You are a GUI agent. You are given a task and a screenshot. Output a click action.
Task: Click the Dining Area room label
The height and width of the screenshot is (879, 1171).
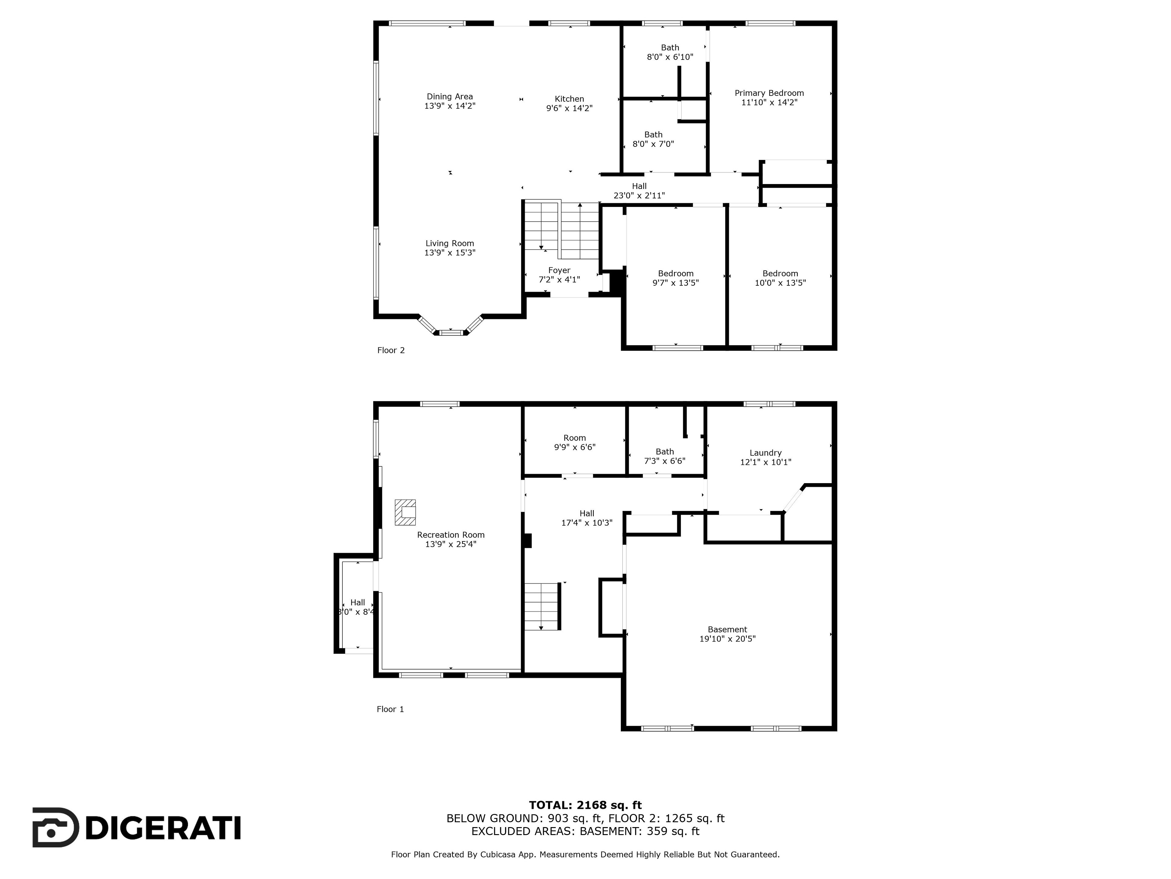click(x=450, y=96)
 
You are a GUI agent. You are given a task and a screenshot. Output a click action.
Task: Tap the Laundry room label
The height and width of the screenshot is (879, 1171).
click(x=765, y=453)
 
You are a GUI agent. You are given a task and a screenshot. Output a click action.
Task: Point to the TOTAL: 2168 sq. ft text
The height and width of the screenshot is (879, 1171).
click(x=585, y=805)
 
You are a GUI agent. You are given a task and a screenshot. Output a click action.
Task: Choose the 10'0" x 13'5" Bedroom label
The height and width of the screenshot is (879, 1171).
click(x=780, y=278)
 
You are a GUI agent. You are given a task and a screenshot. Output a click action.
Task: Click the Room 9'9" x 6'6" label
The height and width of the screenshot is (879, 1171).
click(x=575, y=443)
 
